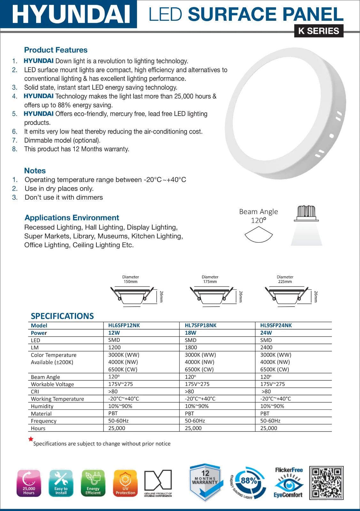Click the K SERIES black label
click(x=318, y=31)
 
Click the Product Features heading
click(x=56, y=50)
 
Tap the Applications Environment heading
click(x=72, y=218)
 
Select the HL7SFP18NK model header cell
click(x=201, y=325)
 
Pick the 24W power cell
click(x=266, y=333)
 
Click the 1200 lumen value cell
click(x=114, y=347)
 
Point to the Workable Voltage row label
click(x=52, y=384)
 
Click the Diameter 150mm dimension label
click(x=130, y=279)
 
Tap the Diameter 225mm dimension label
click(x=285, y=279)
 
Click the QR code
click(x=326, y=483)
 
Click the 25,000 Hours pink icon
click(x=29, y=483)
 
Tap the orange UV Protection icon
click(x=125, y=483)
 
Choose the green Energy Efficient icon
click(x=93, y=483)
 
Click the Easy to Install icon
click(x=61, y=483)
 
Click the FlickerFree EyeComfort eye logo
click(x=288, y=483)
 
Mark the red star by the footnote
click(x=31, y=439)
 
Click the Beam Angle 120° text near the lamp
click(x=258, y=216)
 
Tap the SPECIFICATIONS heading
click(x=62, y=316)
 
